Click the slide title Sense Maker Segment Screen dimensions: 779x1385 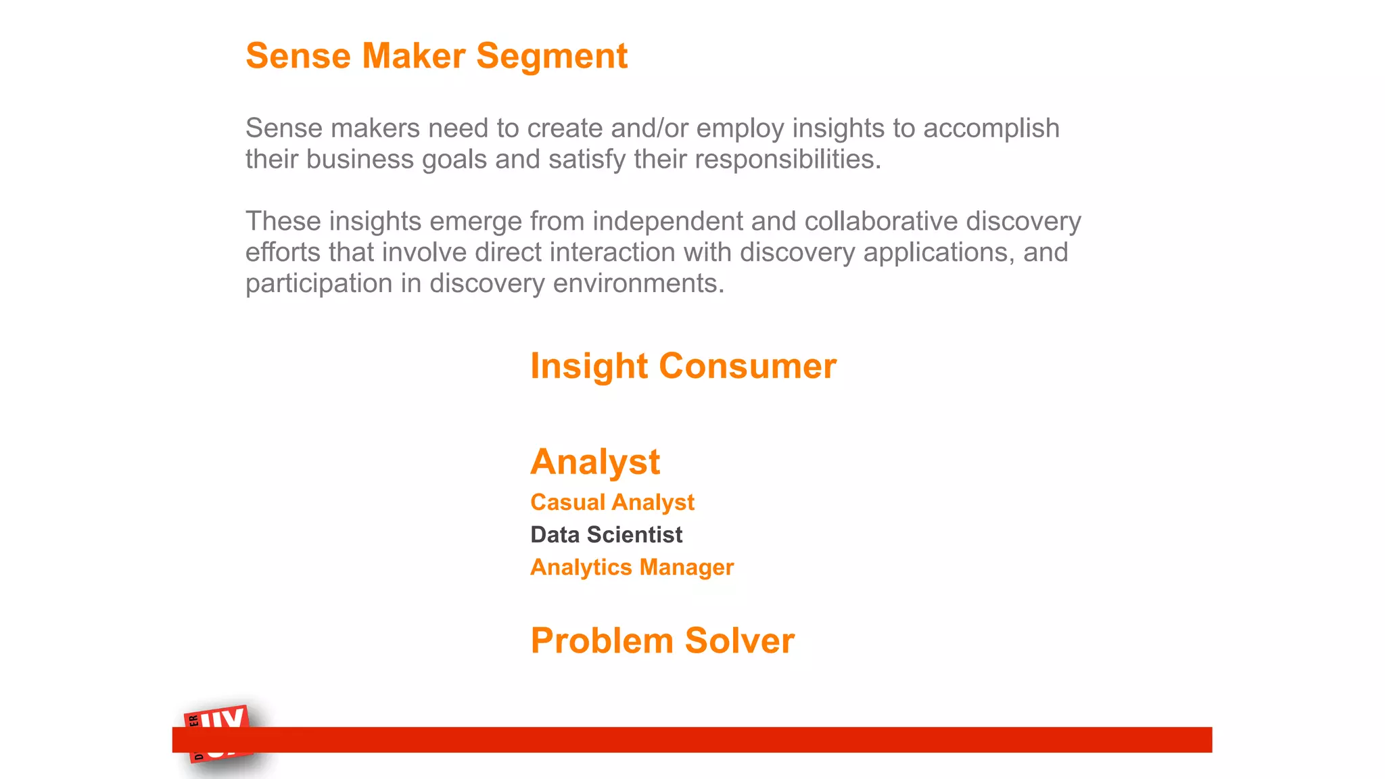(x=436, y=56)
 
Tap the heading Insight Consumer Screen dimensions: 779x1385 (x=683, y=367)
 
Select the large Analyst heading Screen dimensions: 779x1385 (x=594, y=463)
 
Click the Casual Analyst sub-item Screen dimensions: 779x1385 (x=612, y=502)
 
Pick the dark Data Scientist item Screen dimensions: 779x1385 (x=606, y=535)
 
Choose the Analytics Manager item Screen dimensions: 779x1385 (x=632, y=567)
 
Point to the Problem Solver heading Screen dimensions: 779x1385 (x=662, y=641)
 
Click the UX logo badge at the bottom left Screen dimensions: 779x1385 (x=218, y=733)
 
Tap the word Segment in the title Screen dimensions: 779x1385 (x=552, y=56)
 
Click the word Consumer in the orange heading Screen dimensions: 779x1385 (x=747, y=367)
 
